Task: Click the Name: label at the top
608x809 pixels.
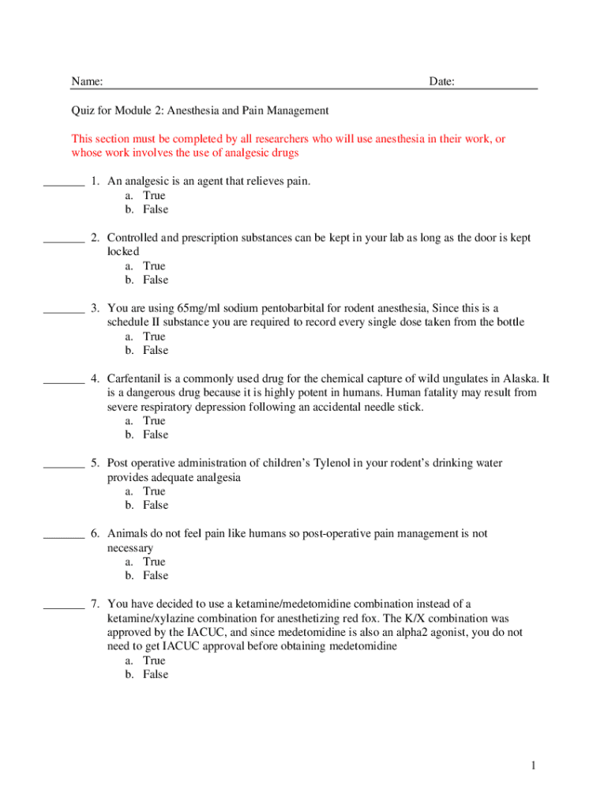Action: coord(87,82)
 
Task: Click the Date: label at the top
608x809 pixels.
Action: coord(441,82)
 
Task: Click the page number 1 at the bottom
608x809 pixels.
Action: coord(534,766)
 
